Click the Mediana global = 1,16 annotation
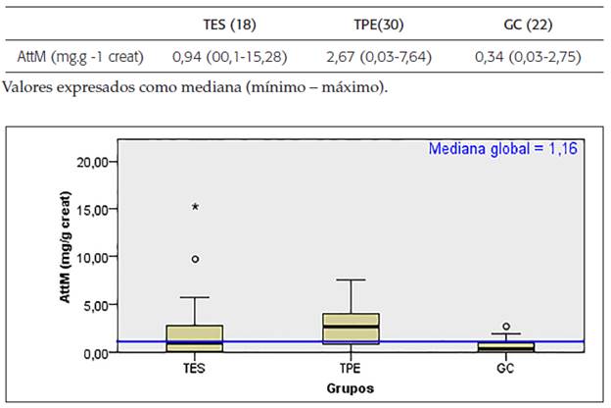coord(504,148)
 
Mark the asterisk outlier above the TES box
coord(196,207)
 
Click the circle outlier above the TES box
coord(196,259)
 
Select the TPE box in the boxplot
coord(352,329)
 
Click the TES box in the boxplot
coord(196,337)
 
